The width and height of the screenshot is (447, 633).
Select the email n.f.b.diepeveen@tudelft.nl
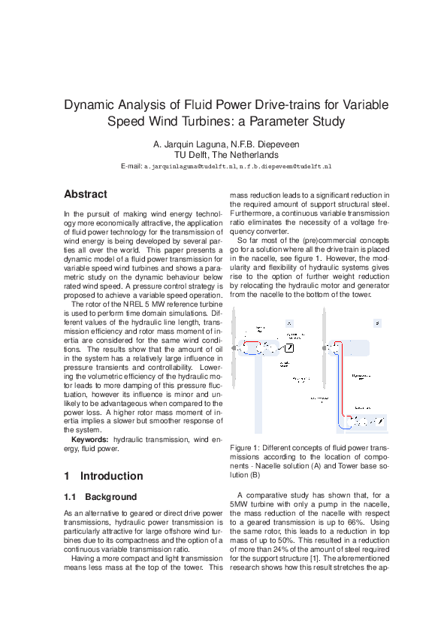287,165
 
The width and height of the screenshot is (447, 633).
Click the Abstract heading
85,194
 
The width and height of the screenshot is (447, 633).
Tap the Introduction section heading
111,476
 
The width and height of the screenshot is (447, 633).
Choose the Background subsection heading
110,497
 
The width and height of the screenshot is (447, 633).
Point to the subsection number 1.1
71,497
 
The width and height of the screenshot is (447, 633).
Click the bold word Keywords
89,439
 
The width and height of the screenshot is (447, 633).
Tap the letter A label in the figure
288,323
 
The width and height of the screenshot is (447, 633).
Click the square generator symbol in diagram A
290,347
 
